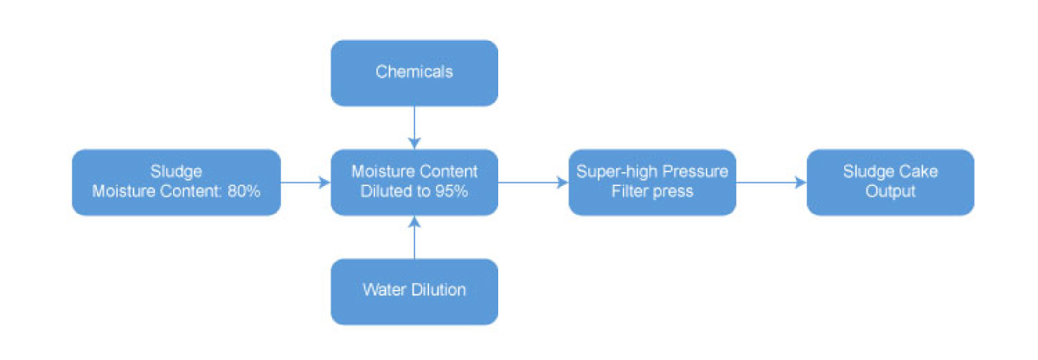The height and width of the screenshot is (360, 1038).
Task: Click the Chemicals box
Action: coord(414,73)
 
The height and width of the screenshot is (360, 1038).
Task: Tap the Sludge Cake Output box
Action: coord(890,182)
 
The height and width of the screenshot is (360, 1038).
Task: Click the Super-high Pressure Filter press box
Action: coord(651,182)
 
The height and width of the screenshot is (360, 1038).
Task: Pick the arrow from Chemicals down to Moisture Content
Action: coord(414,126)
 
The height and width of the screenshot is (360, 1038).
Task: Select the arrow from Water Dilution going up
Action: coord(414,238)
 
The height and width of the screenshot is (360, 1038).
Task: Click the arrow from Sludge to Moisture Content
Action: coord(305,182)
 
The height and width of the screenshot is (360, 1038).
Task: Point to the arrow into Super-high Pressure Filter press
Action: coord(533,182)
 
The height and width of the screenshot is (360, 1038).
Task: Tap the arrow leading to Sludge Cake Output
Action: coord(771,182)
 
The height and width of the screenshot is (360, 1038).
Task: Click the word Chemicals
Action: coord(414,72)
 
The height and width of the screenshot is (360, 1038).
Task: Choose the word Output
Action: coord(890,191)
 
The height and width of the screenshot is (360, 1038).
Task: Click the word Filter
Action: coord(629,191)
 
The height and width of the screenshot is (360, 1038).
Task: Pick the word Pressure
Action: coord(693,171)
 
